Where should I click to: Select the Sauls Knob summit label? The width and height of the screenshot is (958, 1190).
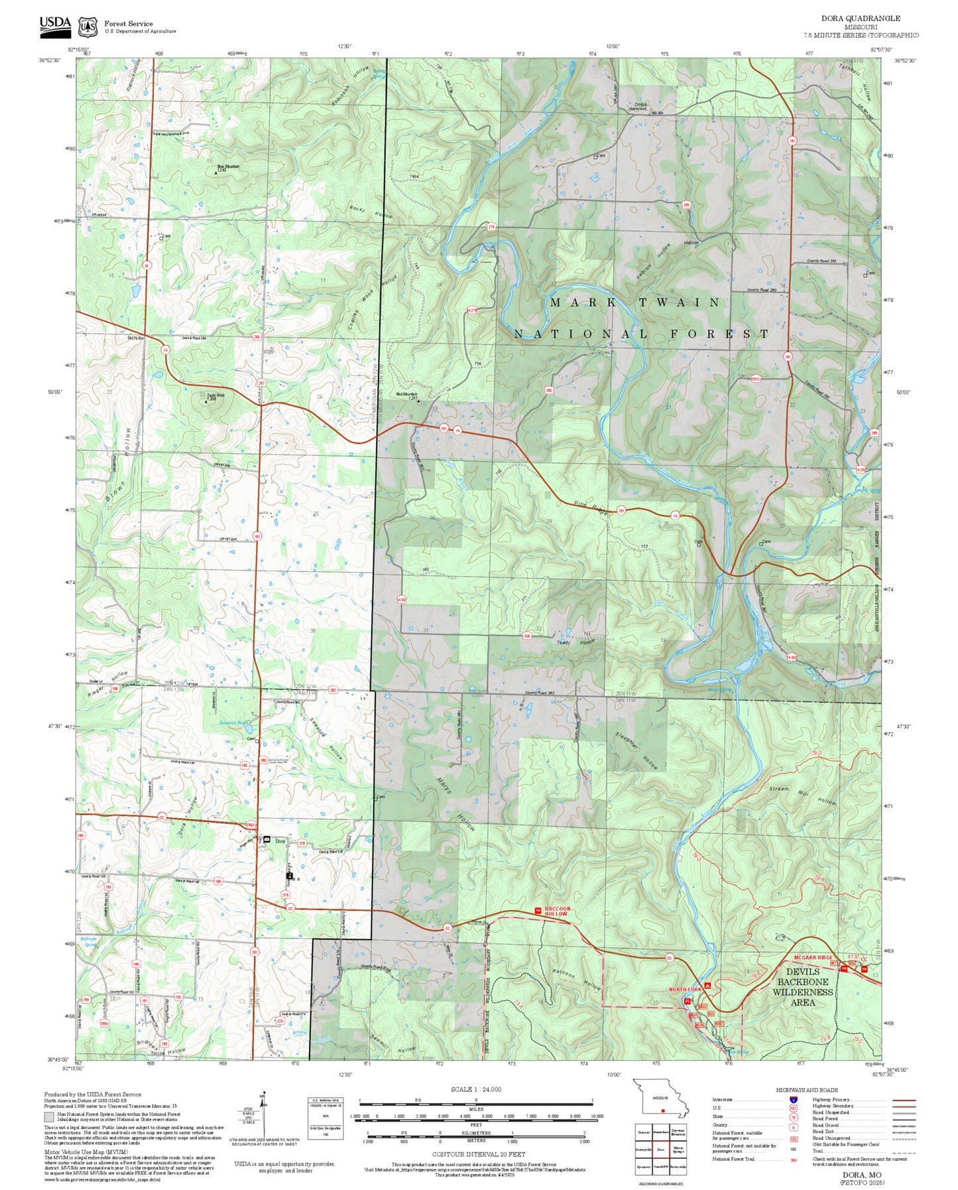tap(216, 396)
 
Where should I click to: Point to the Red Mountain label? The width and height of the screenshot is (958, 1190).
tap(407, 395)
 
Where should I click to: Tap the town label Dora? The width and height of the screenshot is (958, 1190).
tap(280, 841)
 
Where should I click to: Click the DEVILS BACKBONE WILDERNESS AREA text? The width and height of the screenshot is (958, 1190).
tap(802, 986)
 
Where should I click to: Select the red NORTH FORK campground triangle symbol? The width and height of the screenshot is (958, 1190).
tap(708, 986)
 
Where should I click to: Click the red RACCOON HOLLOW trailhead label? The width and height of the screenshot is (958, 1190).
tap(556, 911)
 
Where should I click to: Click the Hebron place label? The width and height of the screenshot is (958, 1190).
tap(691, 243)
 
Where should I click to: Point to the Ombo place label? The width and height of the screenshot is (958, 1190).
tap(640, 105)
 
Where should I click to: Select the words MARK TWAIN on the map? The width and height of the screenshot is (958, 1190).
tap(634, 302)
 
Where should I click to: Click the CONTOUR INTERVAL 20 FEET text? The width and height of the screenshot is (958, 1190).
tap(478, 1154)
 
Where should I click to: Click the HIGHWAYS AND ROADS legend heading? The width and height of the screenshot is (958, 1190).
tap(806, 1090)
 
